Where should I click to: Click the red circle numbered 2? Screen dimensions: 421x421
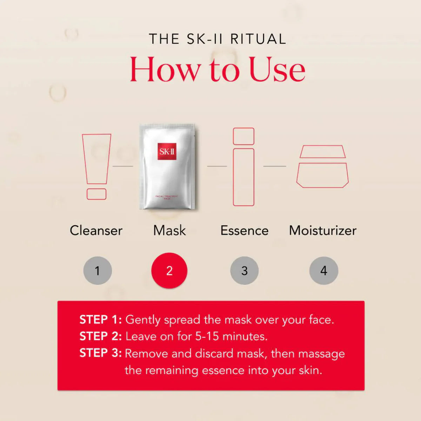coord(169,270)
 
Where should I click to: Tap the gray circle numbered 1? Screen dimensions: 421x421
coord(98,270)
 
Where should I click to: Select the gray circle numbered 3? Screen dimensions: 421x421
coord(245,270)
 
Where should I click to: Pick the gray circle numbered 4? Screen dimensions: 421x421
coord(323,270)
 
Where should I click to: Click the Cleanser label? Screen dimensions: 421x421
coord(96,230)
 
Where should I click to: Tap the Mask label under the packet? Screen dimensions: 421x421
coord(169,230)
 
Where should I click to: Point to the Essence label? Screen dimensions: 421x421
coord(244,230)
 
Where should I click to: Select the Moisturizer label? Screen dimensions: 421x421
coord(322,230)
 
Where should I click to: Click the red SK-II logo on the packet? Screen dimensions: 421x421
coord(167,152)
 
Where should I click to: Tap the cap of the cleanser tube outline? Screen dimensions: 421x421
coord(96,194)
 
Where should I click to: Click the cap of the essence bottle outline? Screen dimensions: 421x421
coord(243,136)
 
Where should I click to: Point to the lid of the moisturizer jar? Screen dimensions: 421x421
coord(322,152)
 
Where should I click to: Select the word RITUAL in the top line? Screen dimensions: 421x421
coord(258,39)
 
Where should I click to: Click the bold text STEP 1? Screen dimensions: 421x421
coord(100,320)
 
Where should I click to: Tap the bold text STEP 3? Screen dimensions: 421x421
coord(100,353)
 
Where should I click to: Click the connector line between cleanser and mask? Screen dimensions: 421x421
coord(122,166)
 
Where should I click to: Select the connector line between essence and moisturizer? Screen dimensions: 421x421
coord(274,166)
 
